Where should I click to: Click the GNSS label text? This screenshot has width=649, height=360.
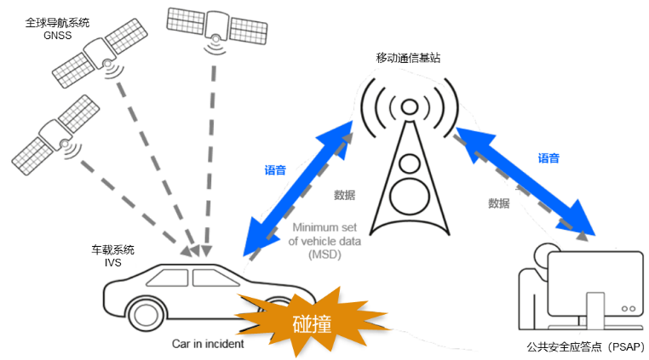click(x=58, y=36)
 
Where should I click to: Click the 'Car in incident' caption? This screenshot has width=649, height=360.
click(x=208, y=344)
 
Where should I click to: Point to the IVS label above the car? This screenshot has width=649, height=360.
click(x=113, y=263)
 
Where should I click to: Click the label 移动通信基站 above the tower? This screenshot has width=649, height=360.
click(x=408, y=58)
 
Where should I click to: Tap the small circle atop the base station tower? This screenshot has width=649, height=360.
click(x=410, y=107)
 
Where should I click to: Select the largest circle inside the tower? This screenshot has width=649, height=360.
click(x=410, y=197)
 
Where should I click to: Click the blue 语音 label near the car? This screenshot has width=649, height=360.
click(x=275, y=170)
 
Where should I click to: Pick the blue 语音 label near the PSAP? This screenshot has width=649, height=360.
click(x=548, y=158)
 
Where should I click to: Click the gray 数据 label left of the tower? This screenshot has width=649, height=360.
click(x=344, y=195)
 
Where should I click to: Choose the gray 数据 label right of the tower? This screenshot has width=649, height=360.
click(x=499, y=203)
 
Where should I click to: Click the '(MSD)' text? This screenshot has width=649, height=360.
click(x=324, y=254)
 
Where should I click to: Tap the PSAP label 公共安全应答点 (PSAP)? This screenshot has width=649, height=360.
click(x=586, y=346)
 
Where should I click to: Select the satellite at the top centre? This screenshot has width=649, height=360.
click(x=217, y=28)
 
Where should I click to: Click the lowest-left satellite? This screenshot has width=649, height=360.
click(x=55, y=135)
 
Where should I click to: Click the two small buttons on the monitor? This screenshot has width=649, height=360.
click(x=629, y=309)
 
